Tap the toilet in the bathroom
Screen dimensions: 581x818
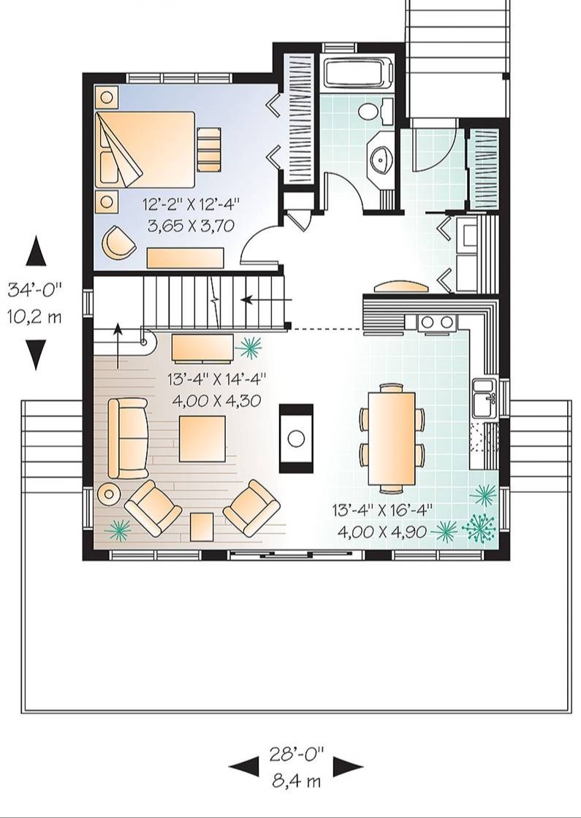click(x=373, y=111)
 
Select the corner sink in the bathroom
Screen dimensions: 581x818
click(x=381, y=156)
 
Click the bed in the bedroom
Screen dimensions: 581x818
click(x=145, y=149)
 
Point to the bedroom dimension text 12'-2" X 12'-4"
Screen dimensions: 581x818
click(x=191, y=204)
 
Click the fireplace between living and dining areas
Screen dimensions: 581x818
click(x=296, y=438)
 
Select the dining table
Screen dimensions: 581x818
click(x=392, y=439)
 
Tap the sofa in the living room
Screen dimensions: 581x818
click(x=128, y=438)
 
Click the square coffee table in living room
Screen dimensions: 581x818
click(x=202, y=439)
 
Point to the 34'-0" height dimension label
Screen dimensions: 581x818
click(x=34, y=289)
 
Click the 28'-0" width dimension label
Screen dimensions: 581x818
click(x=296, y=753)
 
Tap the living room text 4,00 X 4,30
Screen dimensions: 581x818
click(x=216, y=400)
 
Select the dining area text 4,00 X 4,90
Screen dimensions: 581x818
click(x=383, y=532)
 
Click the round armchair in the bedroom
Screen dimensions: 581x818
click(x=119, y=242)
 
